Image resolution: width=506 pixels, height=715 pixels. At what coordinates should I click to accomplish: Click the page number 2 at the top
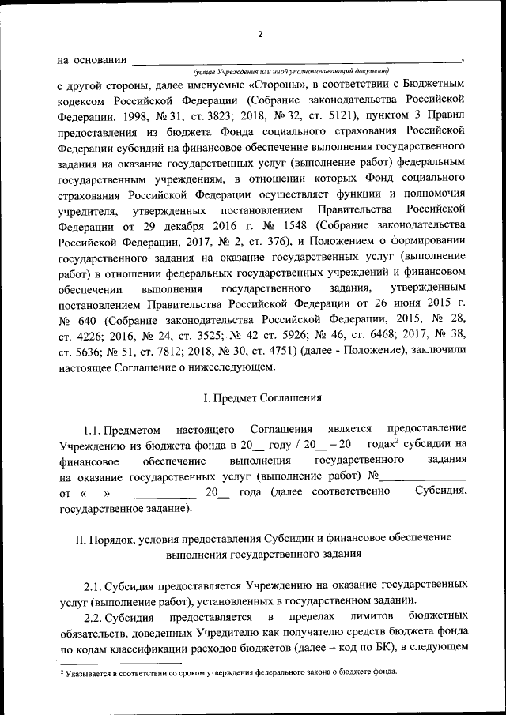click(x=259, y=33)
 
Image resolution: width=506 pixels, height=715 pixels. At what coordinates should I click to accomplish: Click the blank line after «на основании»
click(x=296, y=59)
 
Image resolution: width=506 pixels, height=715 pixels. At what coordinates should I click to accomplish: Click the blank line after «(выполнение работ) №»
click(x=423, y=476)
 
